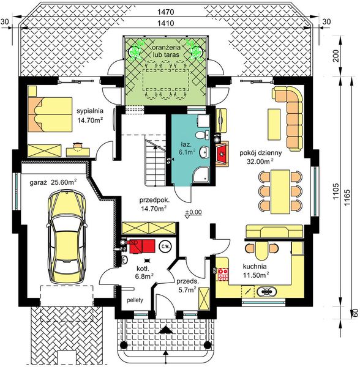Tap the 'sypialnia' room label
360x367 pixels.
[90, 111]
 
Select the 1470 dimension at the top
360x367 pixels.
[166, 12]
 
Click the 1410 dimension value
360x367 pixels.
[166, 23]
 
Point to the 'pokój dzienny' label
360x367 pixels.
[261, 153]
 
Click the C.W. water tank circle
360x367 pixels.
[165, 247]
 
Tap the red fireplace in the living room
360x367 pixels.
[222, 154]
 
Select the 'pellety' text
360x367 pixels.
[135, 300]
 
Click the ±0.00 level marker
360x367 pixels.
[193, 212]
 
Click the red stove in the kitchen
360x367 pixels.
[223, 274]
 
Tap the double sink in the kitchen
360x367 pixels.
[266, 291]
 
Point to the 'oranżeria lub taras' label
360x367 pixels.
[167, 51]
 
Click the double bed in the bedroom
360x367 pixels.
[50, 114]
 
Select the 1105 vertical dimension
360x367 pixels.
[336, 191]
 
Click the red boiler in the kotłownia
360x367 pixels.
[141, 247]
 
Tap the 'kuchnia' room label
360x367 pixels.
[255, 266]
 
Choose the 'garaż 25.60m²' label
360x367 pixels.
[53, 182]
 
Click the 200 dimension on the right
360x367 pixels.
[336, 56]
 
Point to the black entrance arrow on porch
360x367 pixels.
[166, 330]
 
